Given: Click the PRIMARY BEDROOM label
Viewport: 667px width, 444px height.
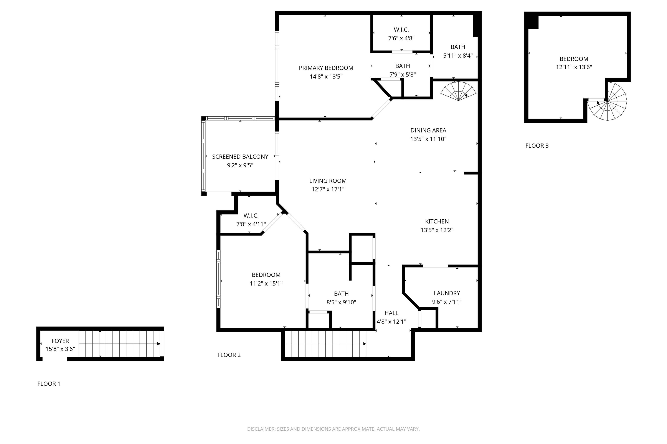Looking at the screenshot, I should (x=326, y=68).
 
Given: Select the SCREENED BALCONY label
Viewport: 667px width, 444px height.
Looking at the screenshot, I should (x=240, y=157).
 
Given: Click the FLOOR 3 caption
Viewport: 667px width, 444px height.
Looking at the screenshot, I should (x=537, y=146).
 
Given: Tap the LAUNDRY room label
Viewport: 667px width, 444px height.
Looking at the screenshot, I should (x=447, y=293).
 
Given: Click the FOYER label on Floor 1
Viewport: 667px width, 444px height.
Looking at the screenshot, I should (x=60, y=341).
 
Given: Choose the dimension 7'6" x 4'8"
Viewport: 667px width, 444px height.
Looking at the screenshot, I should (x=401, y=38).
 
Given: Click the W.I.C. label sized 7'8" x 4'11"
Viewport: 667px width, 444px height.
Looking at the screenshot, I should (x=251, y=216).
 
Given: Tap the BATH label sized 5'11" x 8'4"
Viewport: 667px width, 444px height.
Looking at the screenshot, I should (x=458, y=47).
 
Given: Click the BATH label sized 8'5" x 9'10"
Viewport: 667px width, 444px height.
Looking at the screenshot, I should (x=341, y=294).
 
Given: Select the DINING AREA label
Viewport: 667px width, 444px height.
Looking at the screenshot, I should (x=428, y=131).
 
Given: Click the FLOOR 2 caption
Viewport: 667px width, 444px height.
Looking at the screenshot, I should (x=229, y=355).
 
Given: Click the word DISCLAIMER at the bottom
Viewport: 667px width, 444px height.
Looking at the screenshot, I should (x=261, y=429).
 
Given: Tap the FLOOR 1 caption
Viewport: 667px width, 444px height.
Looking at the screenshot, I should (x=49, y=384).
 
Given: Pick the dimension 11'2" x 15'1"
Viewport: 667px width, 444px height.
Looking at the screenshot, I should (x=266, y=283).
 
